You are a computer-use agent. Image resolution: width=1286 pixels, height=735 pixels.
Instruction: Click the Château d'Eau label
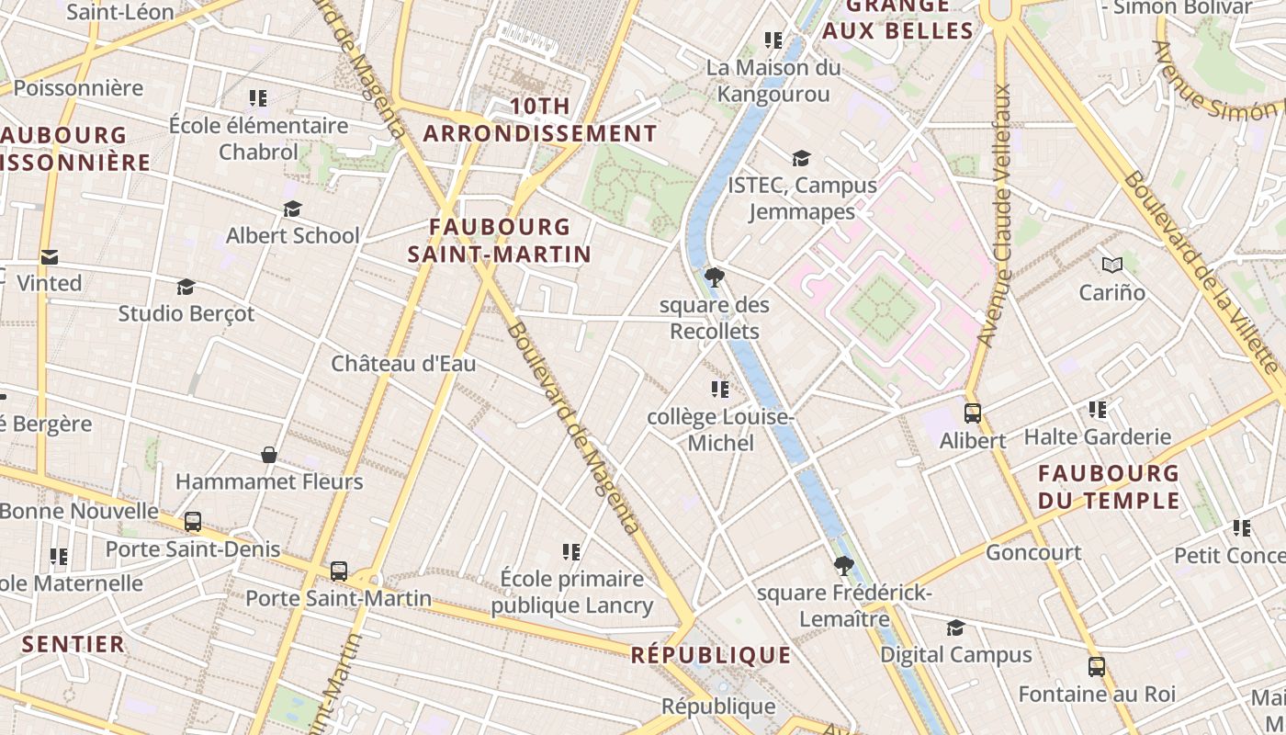click(x=403, y=364)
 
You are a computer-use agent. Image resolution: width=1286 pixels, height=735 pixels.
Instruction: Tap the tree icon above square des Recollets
click(x=714, y=277)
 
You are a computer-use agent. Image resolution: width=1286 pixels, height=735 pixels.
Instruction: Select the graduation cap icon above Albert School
click(x=292, y=209)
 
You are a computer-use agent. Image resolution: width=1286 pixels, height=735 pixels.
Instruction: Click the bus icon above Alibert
click(x=973, y=413)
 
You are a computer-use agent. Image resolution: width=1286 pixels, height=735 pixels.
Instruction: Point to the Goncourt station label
click(x=1033, y=552)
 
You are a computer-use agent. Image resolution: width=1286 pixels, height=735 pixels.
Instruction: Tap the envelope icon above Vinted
click(x=49, y=257)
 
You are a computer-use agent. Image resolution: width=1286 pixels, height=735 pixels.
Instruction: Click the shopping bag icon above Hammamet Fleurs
click(x=269, y=455)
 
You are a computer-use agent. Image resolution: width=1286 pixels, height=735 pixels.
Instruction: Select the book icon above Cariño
click(x=1112, y=266)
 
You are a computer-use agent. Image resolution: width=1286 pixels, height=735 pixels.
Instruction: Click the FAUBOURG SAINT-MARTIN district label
click(x=499, y=240)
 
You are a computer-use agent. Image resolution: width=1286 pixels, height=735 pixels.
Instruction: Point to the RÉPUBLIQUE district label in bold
click(x=711, y=655)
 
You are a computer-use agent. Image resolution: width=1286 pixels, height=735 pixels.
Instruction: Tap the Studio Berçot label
click(x=186, y=313)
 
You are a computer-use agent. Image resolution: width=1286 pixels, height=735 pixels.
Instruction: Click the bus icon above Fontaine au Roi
click(x=1096, y=667)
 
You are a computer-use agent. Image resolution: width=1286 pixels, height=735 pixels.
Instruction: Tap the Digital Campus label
click(x=956, y=655)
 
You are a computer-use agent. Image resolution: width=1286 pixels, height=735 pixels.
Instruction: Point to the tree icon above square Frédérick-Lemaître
click(x=843, y=566)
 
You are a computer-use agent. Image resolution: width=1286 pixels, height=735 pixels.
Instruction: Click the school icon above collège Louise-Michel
click(x=720, y=390)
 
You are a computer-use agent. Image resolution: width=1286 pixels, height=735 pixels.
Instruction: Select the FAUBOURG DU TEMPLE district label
click(x=1109, y=487)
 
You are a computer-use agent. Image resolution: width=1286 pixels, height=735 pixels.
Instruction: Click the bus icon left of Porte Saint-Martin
click(x=339, y=571)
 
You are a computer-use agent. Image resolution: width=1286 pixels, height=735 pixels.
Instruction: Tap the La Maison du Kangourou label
click(x=773, y=81)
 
